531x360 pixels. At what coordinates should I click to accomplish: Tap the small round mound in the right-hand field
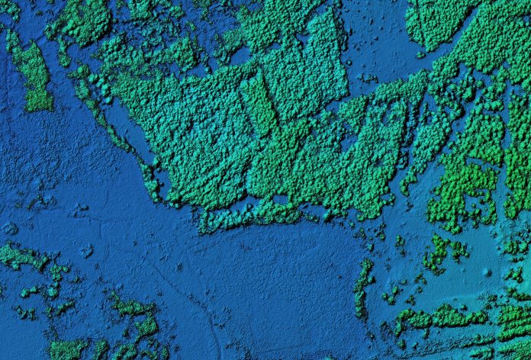coord(487,272)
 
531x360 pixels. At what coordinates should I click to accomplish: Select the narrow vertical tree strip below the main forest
coord(363,288)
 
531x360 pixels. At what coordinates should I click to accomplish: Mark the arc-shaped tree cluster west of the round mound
coord(438,252)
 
